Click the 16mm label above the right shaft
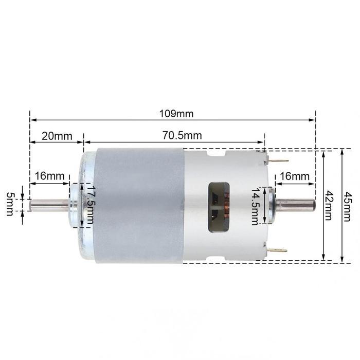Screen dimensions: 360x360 295,176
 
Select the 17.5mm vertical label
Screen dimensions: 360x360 90,205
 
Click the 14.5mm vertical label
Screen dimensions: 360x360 256,206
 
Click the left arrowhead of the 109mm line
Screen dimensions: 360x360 32,119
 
